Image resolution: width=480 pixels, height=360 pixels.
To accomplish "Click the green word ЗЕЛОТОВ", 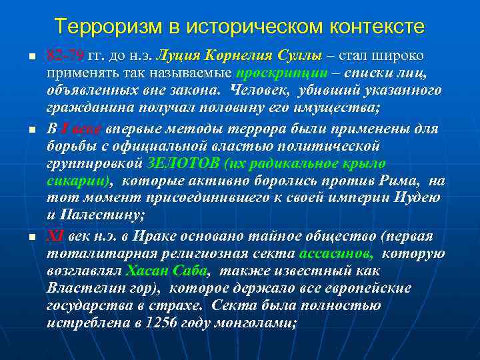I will pyautogui.click(x=175, y=163).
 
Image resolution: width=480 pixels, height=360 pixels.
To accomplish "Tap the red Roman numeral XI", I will pyautogui.click(x=55, y=236).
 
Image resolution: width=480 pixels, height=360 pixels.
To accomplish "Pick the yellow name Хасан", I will pyautogui.click(x=145, y=271).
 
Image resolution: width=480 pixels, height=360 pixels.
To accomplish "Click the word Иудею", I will pyautogui.click(x=417, y=198).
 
